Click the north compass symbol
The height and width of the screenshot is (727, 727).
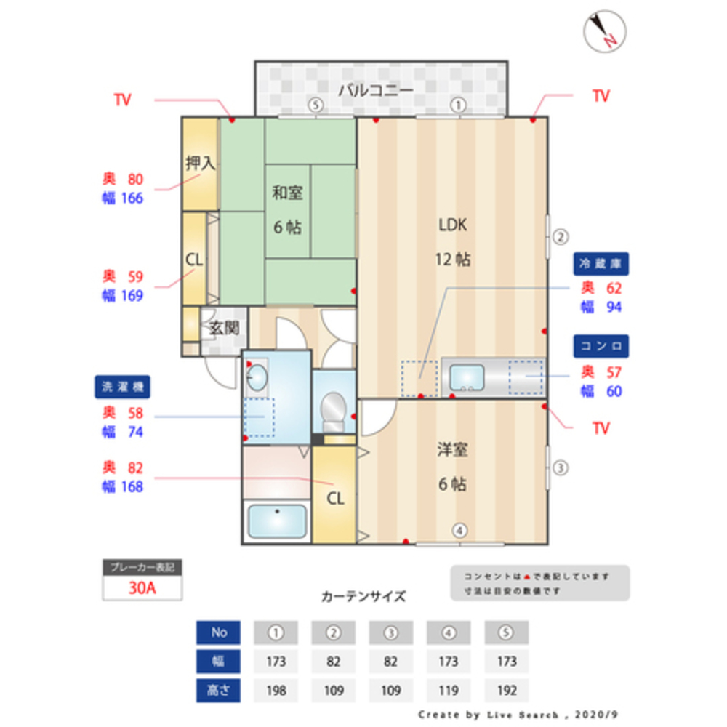click(x=605, y=31)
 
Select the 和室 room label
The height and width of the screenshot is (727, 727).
click(x=288, y=193)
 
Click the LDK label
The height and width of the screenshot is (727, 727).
click(x=452, y=225)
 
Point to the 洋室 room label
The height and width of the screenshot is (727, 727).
click(x=452, y=450)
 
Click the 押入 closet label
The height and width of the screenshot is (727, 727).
click(x=200, y=164)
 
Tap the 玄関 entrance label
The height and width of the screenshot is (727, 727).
click(x=225, y=328)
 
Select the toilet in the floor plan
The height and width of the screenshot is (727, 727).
click(x=334, y=411)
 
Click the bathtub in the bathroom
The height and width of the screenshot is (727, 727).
click(x=277, y=521)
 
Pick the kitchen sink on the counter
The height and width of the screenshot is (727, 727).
click(x=467, y=377)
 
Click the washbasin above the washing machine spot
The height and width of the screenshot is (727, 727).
click(x=257, y=377)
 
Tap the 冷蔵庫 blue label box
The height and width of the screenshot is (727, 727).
click(x=601, y=263)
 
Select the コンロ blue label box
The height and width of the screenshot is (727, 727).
click(x=601, y=345)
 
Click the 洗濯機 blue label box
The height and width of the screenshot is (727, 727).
click(x=122, y=387)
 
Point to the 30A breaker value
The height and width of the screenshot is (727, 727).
click(x=142, y=588)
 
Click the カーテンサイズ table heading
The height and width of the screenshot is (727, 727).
click(x=363, y=597)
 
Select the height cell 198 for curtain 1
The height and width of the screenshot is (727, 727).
click(x=276, y=690)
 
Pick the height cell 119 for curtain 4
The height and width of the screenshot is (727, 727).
click(x=449, y=690)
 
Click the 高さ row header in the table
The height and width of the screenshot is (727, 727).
click(x=219, y=690)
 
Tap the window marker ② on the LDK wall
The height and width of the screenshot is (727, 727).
click(x=560, y=236)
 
